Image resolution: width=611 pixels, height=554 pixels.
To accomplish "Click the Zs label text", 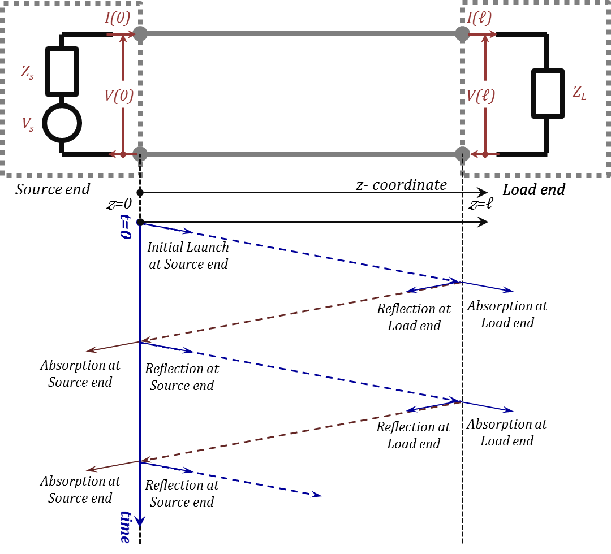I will tap(27, 72).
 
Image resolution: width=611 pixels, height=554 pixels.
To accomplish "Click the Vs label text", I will tap(27, 124).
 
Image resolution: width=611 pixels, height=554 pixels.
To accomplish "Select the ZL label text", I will tap(579, 93).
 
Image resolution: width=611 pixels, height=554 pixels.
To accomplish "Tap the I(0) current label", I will tap(118, 18).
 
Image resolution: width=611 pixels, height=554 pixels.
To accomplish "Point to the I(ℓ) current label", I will tap(479, 18).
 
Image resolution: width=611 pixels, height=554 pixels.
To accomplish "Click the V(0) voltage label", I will tap(119, 96).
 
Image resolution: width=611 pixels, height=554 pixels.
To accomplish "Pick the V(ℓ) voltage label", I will tap(480, 96).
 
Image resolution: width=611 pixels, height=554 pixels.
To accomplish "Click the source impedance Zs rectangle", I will tap(62, 71).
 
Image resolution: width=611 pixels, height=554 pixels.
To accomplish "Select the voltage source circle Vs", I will tap(62, 123).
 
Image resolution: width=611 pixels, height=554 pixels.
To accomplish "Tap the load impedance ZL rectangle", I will tap(548, 93).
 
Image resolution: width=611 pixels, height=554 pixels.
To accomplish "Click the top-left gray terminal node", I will tap(140, 34).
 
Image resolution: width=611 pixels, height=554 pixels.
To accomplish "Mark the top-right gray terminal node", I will tap(462, 34).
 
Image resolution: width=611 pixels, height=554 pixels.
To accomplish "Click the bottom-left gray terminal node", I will tap(140, 154).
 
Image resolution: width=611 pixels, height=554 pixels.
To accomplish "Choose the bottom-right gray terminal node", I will tap(462, 154).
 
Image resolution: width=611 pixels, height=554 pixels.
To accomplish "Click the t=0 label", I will tap(125, 226).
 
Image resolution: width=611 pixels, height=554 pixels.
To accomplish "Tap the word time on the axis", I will tap(125, 526).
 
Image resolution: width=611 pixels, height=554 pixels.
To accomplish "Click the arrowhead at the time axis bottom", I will tap(140, 521).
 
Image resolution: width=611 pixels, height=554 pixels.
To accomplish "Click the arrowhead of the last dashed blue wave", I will tap(317, 495).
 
